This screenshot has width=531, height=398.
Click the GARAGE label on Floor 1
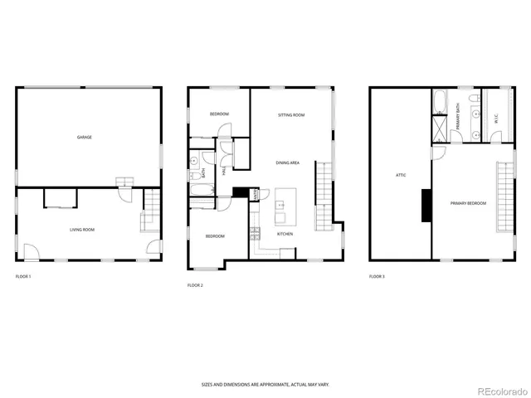84,137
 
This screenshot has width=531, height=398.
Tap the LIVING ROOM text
81,229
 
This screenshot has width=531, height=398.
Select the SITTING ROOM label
290,114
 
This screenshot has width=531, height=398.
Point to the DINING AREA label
287,163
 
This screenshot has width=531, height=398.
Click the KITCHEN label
285,235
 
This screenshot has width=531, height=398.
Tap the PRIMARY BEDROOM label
468,203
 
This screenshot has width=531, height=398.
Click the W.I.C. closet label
495,119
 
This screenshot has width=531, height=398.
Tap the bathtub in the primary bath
439,103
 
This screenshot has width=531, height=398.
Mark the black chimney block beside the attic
426,205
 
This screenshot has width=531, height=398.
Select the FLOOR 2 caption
195,285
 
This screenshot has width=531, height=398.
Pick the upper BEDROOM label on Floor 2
218,114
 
